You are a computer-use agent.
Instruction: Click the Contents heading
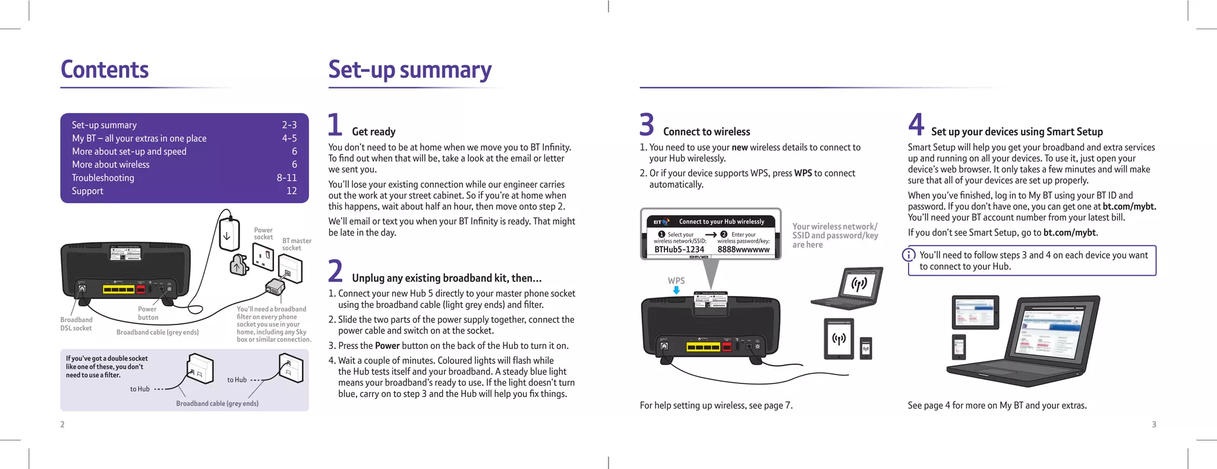[x=105, y=70]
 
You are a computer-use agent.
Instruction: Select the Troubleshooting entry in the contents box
[x=103, y=178]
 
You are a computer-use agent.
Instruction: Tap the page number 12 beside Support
[x=291, y=191]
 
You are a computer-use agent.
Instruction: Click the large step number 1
[x=335, y=125]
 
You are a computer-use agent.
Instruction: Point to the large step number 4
[x=916, y=125]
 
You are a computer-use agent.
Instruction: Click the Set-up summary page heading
[x=409, y=70]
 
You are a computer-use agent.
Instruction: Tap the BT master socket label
[x=296, y=244]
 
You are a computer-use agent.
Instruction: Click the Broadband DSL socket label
[x=76, y=324]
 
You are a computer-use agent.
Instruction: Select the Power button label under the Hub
[x=147, y=313]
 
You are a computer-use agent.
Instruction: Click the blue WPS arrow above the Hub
[x=676, y=290]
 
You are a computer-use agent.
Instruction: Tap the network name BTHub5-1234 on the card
[x=679, y=250]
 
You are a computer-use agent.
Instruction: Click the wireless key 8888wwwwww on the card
[x=743, y=250]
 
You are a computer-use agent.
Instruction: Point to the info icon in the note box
[x=909, y=255]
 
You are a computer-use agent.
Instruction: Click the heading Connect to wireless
[x=706, y=132]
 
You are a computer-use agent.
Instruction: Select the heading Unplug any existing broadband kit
[x=446, y=278]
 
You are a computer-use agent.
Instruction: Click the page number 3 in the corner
[x=1154, y=424]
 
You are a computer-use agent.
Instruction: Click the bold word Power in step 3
[x=387, y=346]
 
